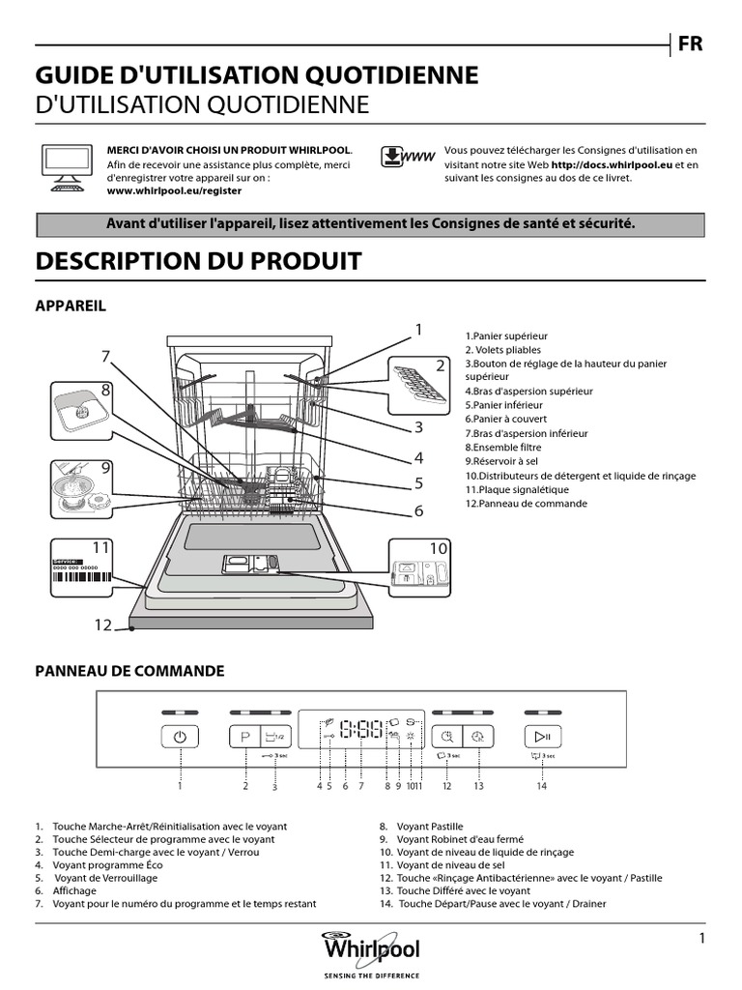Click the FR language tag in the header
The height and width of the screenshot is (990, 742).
tap(691, 44)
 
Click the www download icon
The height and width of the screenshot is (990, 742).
tap(405, 158)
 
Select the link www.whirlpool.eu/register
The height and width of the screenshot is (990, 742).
tap(174, 191)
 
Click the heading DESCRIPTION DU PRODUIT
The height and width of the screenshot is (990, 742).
tap(198, 261)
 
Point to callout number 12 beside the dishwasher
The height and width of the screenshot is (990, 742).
tap(103, 625)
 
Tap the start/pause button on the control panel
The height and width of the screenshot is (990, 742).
tap(542, 736)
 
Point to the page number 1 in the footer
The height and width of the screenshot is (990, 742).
tap(701, 938)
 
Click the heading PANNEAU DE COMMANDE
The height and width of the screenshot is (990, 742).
tap(130, 670)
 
